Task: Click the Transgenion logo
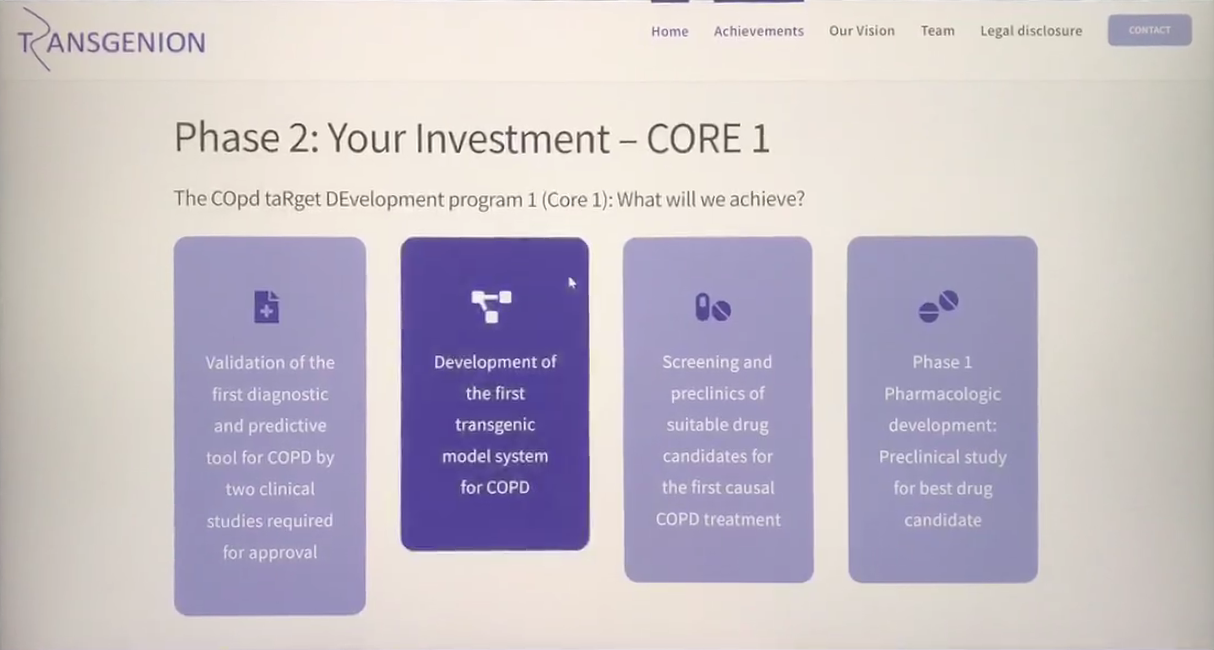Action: [x=111, y=40]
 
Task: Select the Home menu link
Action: [x=669, y=31]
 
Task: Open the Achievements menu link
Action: [x=758, y=31]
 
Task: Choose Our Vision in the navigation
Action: [x=862, y=31]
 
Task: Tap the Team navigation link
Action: [x=938, y=31]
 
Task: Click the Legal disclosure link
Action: [x=1031, y=31]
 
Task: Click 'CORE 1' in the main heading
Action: [x=708, y=138]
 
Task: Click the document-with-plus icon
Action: [x=266, y=307]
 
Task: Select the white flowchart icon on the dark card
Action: [x=491, y=306]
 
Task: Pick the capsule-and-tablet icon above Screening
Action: [x=713, y=307]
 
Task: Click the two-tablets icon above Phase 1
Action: [x=939, y=306]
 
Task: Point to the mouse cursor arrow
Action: [x=572, y=283]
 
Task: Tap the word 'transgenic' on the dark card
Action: [x=495, y=425]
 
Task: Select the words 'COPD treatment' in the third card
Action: [x=718, y=519]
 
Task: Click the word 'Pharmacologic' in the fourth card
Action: [x=942, y=394]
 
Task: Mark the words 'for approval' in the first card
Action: [x=270, y=552]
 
